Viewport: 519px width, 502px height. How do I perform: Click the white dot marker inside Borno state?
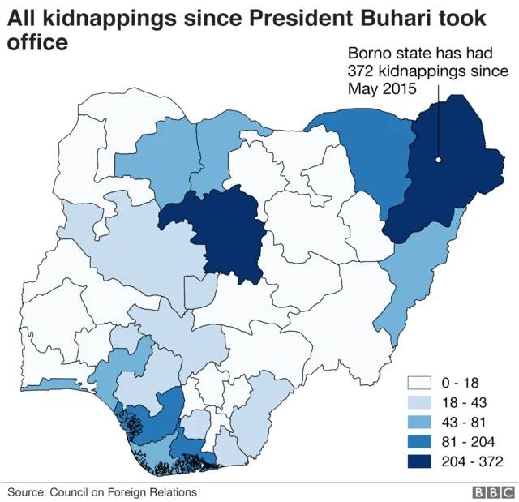point(437,160)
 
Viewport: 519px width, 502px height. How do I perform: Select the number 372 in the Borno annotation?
point(359,71)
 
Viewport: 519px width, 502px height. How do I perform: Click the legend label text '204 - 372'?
point(473,461)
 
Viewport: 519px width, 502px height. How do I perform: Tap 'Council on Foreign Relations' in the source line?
point(123,491)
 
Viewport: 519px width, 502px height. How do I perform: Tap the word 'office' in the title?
point(37,42)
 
